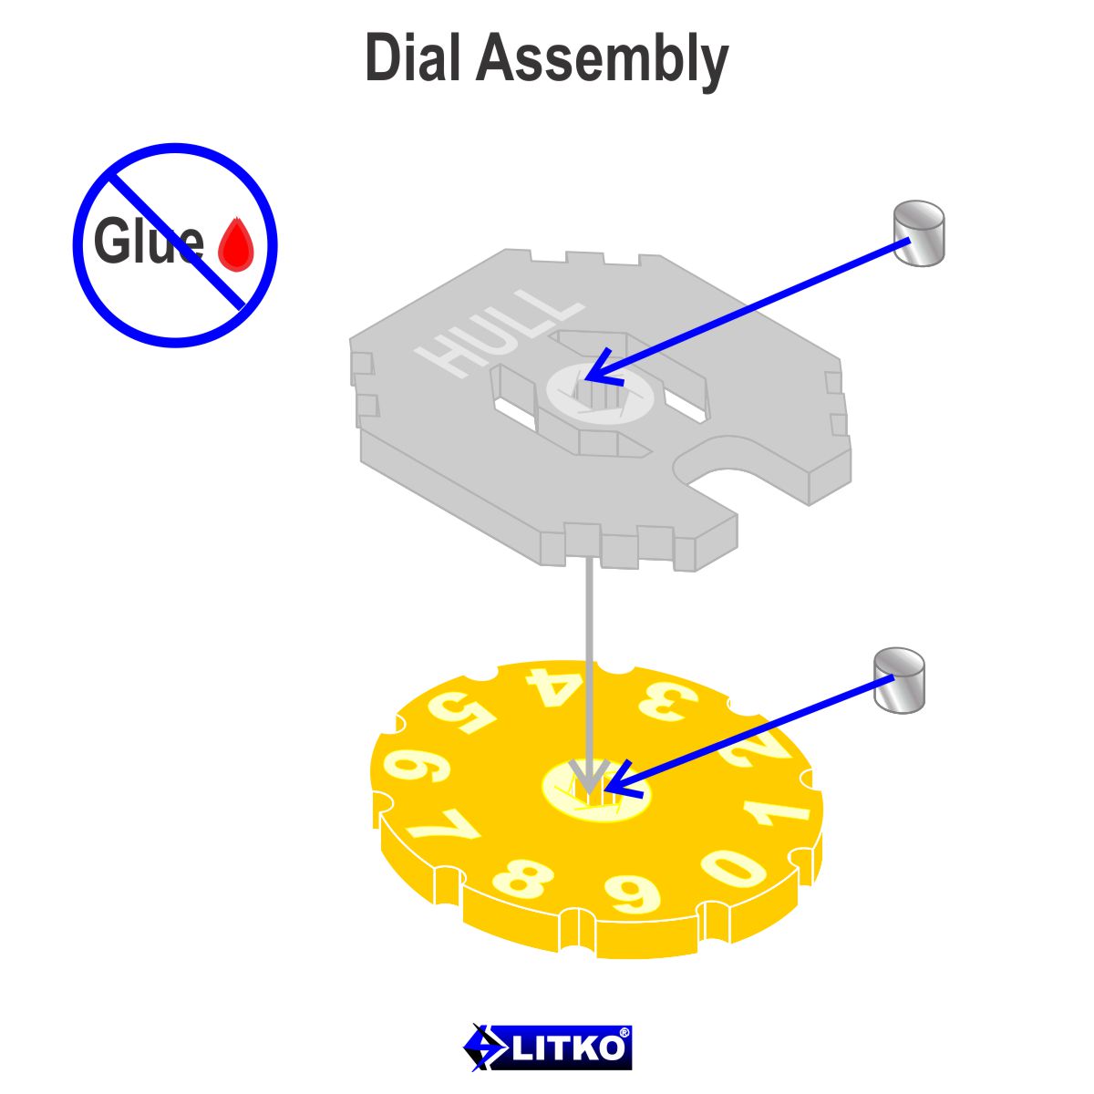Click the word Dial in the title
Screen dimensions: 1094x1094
coord(413,58)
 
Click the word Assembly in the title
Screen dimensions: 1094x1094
coord(602,60)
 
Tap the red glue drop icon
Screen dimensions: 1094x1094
coord(236,246)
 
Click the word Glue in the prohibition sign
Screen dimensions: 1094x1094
coord(148,243)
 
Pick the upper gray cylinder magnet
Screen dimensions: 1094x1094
coord(918,233)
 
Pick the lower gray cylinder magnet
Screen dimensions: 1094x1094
coord(899,680)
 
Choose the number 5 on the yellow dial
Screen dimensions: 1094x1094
coord(460,711)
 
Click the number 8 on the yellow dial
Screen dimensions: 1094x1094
coord(522,879)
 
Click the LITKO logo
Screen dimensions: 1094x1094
coord(547,1047)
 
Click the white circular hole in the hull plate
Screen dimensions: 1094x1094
coord(601,393)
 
